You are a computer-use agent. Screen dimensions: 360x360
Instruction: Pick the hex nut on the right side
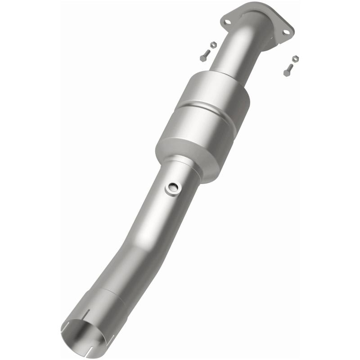pos(295,59)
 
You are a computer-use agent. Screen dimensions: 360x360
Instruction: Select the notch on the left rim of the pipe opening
pos(63,331)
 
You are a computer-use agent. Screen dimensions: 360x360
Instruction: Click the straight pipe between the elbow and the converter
pos(234,54)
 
